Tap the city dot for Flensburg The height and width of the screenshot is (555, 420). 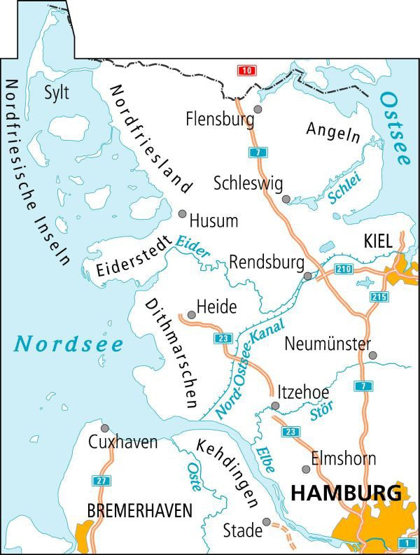pos(258,109)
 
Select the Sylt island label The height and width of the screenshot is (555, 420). pos(57,92)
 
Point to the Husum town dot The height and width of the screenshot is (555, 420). pos(183,213)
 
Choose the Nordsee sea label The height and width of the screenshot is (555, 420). pos(69,344)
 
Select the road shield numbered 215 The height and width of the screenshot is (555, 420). pos(379,297)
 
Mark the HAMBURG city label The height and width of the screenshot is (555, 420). pos(346,493)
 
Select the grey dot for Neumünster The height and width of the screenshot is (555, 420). pos(372,355)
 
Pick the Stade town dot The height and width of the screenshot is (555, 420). pos(267,521)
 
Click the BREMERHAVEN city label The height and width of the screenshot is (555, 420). pos(139,512)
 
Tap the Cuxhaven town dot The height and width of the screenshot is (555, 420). pos(105,428)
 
